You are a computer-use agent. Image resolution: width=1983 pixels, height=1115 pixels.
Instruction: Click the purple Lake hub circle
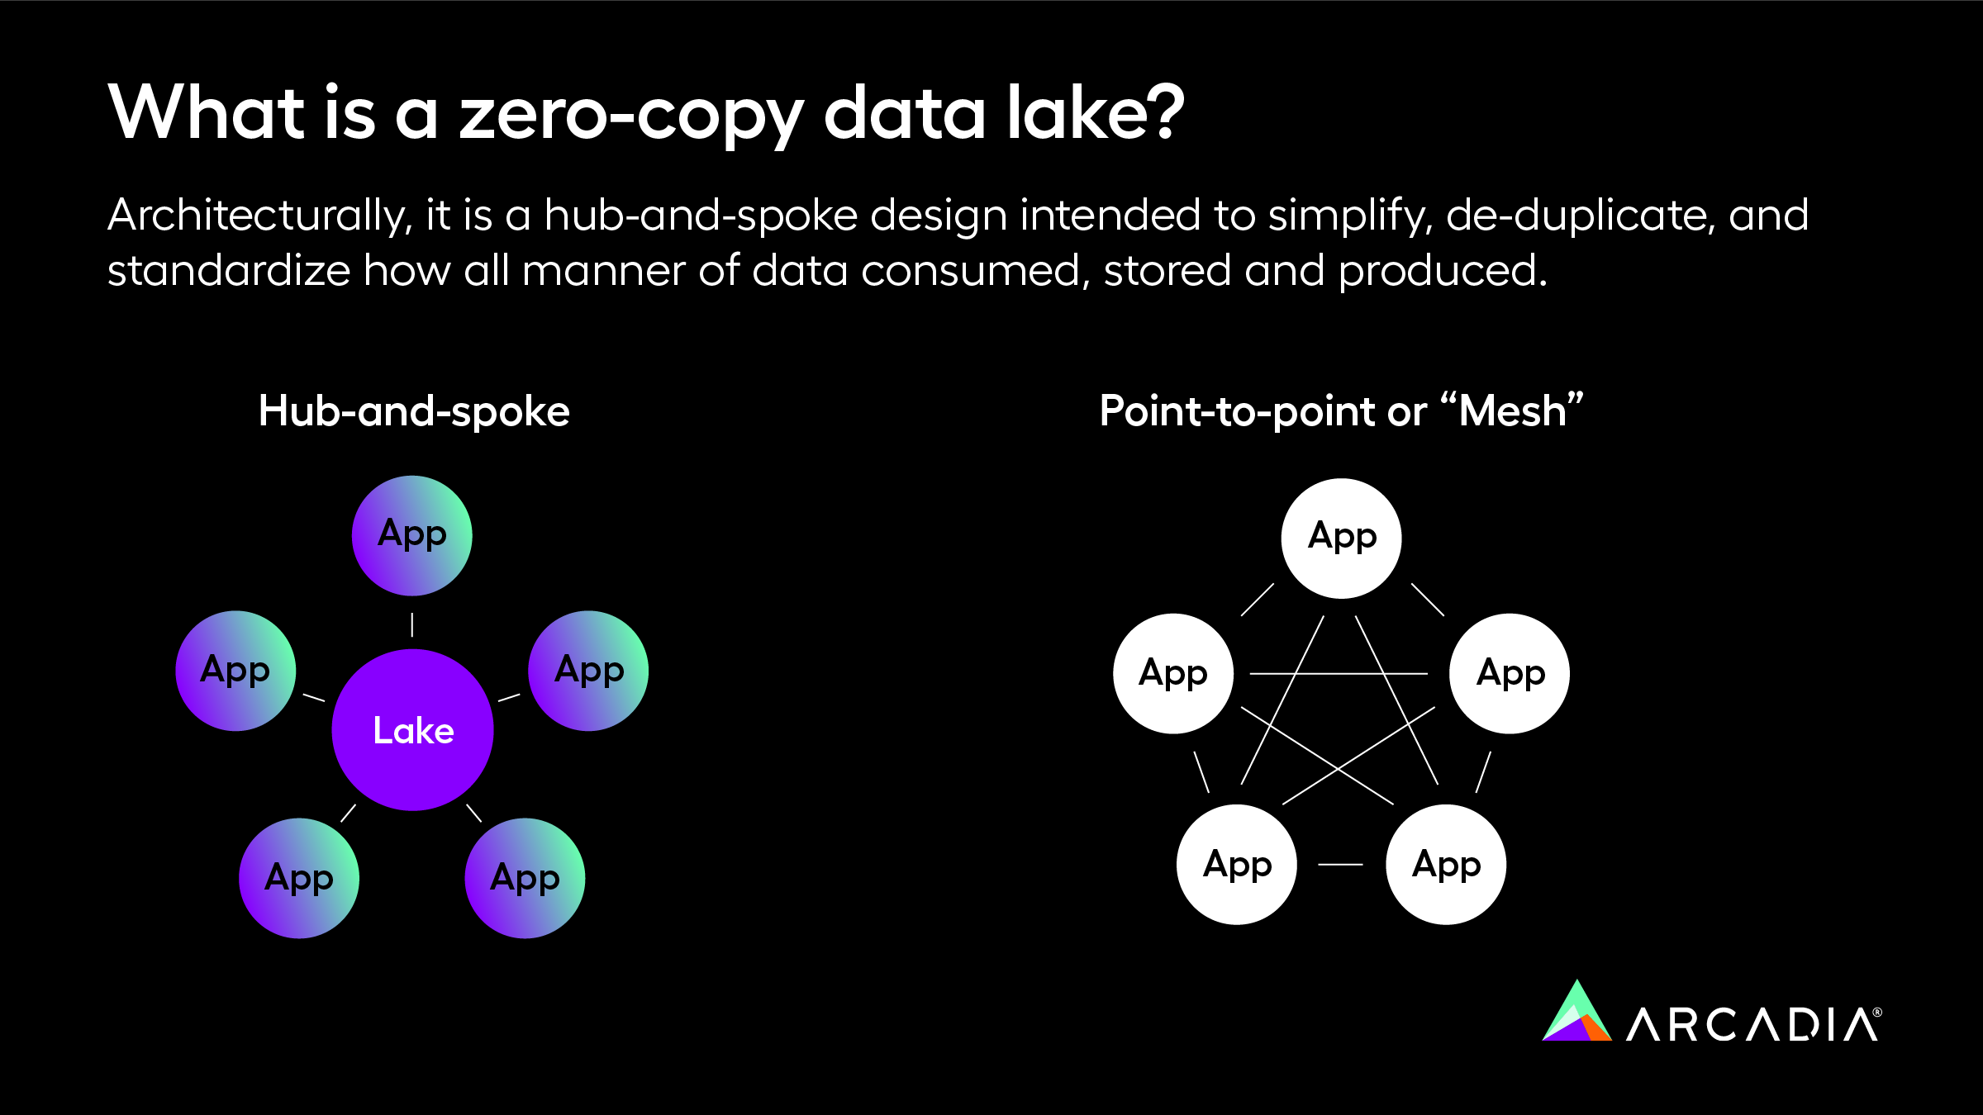[412, 730]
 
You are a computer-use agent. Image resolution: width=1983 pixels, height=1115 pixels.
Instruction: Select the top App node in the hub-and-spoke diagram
[411, 535]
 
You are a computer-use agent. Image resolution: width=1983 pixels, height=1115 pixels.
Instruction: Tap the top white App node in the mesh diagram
[1341, 539]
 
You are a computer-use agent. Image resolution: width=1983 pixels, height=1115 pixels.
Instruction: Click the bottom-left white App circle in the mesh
[1237, 865]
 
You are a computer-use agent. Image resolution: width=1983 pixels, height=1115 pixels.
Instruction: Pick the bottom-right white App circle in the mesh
[1446, 865]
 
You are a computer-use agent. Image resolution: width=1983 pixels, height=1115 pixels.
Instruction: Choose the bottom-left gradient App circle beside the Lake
[299, 878]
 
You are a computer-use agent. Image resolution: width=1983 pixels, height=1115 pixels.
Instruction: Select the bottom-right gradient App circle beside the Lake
[525, 878]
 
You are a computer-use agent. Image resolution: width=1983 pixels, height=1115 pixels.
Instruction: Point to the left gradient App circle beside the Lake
[235, 671]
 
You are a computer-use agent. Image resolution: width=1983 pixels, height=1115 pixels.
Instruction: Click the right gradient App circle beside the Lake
[588, 671]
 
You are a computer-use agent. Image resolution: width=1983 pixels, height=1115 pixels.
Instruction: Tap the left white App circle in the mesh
[1173, 674]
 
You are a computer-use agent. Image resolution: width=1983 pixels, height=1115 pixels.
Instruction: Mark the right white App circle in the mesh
[1510, 674]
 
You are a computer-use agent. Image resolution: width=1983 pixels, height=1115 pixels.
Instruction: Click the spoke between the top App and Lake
[412, 624]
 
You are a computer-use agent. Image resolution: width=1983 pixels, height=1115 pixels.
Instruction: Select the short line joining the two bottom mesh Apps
[1340, 865]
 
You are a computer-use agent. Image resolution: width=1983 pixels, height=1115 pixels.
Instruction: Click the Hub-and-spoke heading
[414, 411]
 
